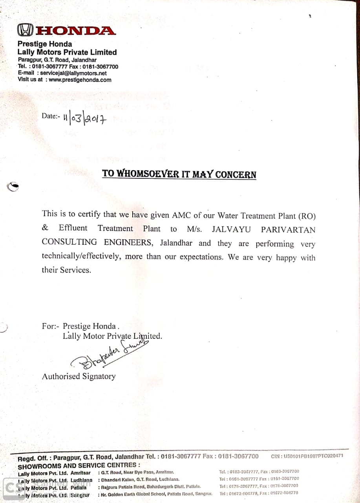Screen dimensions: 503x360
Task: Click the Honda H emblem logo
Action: tap(24, 30)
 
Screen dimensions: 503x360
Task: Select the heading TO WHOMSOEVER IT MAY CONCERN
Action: tap(179, 174)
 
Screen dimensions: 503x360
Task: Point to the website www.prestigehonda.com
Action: tap(80, 80)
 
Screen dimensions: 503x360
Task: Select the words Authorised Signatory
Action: tap(79, 376)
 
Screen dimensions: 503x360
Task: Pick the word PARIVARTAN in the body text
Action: tap(288, 229)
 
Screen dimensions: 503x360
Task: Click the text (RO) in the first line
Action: tap(307, 216)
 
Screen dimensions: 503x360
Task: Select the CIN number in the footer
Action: tap(307, 456)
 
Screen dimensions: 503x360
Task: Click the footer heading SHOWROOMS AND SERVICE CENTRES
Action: tap(79, 466)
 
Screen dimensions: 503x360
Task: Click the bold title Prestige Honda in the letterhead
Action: tap(45, 44)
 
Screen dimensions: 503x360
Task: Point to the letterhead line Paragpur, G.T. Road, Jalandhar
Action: tap(57, 60)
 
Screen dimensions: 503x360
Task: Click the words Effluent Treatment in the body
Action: tap(96, 228)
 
